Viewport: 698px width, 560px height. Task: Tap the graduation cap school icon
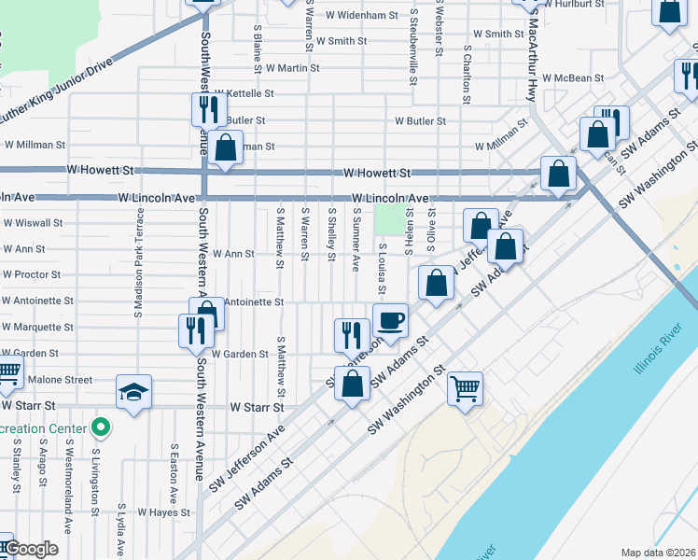tap(134, 392)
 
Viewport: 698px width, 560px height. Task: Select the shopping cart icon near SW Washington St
tap(465, 387)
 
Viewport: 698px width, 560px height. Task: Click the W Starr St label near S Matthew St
tap(257, 408)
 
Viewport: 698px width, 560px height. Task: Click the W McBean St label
tap(574, 78)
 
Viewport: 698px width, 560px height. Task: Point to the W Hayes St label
tap(163, 512)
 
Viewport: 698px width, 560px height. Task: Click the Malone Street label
tap(61, 380)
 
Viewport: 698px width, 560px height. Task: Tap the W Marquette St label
tap(38, 328)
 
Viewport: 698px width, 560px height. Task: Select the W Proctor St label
tap(32, 275)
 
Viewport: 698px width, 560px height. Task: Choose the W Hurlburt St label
tap(573, 5)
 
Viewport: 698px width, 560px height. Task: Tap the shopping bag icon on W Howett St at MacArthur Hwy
tap(558, 174)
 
